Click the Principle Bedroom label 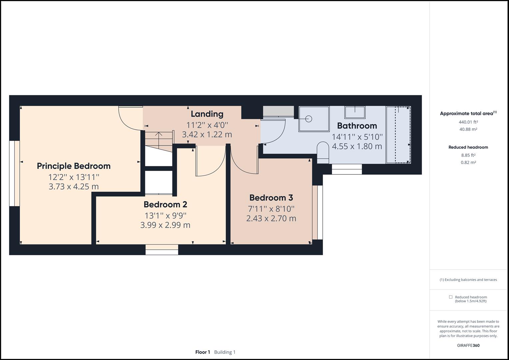click(74, 166)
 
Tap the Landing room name click(207, 114)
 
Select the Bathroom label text click(357, 126)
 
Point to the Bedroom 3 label click(271, 198)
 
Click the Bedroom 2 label click(165, 204)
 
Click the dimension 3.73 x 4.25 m click(74, 186)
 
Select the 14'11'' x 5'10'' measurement click(357, 137)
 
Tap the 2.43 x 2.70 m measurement click(271, 218)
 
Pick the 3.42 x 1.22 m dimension click(207, 134)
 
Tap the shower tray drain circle click(308, 118)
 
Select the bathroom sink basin click(355, 112)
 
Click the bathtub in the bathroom click(398, 135)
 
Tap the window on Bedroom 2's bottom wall click(162, 249)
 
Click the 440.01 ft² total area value click(468, 122)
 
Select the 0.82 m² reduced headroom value click(468, 162)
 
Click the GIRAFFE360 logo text click(468, 345)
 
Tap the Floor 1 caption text click(203, 352)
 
